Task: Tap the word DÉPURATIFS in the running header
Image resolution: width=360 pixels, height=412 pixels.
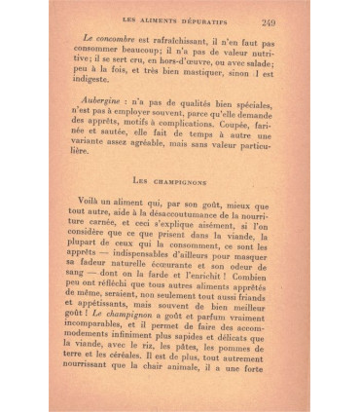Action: pyautogui.click(x=205, y=21)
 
